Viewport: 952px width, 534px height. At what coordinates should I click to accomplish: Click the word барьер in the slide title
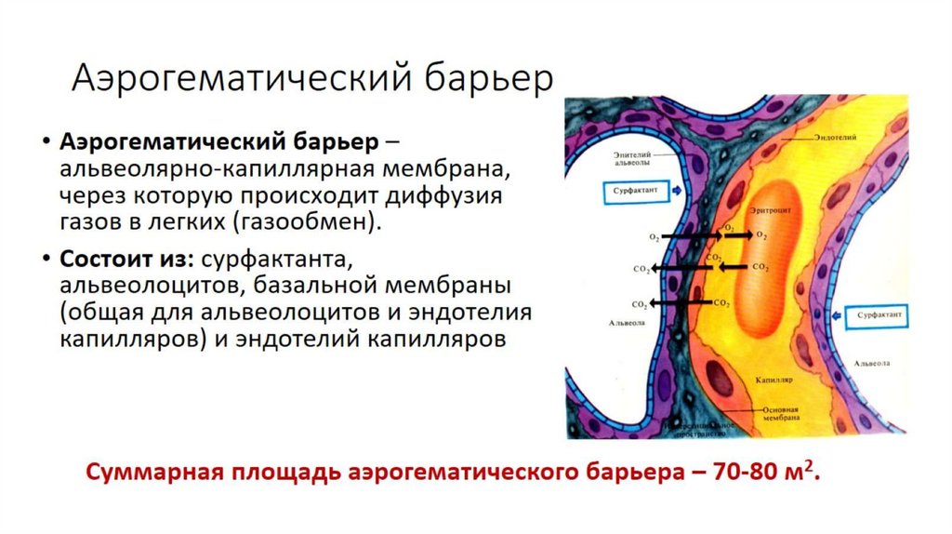pyautogui.click(x=489, y=80)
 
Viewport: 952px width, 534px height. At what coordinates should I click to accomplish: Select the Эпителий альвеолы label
pyautogui.click(x=633, y=157)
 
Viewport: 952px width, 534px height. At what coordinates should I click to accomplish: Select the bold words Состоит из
pyautogui.click(x=127, y=255)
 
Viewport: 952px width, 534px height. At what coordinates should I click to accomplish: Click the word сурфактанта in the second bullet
pyautogui.click(x=276, y=255)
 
